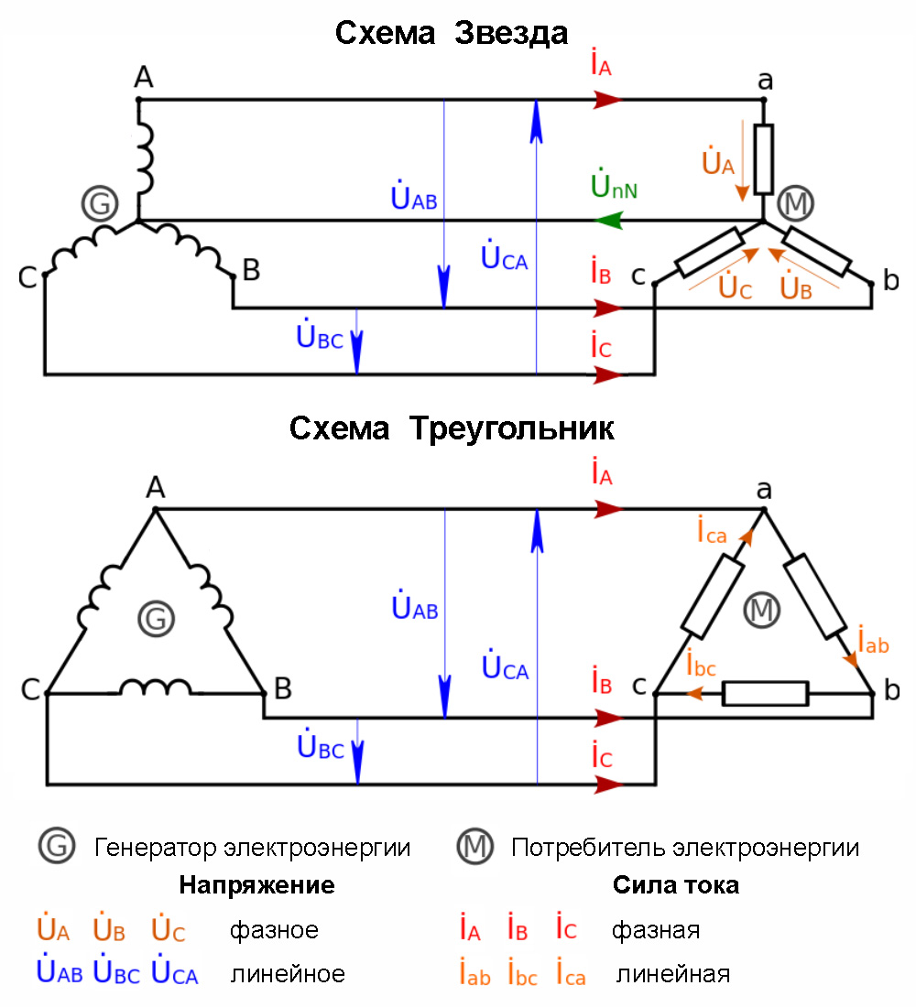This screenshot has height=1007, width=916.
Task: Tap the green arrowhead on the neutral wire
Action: [608, 221]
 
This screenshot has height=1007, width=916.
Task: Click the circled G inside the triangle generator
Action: [155, 620]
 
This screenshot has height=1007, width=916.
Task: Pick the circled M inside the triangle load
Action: [761, 609]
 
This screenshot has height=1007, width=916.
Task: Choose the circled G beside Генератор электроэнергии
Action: [56, 847]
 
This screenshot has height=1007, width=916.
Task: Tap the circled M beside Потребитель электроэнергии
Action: [474, 847]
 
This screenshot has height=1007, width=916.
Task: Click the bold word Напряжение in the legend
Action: [256, 886]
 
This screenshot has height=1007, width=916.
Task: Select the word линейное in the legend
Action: [288, 973]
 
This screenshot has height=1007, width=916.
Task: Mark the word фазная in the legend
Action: [656, 931]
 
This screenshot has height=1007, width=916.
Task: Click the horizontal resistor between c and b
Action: [766, 694]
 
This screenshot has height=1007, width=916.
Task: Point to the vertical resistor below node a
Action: [763, 157]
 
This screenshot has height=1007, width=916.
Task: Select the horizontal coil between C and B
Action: [154, 688]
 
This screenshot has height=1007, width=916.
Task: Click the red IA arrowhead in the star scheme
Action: [608, 100]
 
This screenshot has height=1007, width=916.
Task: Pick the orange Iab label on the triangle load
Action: [873, 642]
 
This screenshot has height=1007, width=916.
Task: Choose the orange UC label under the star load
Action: [735, 288]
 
